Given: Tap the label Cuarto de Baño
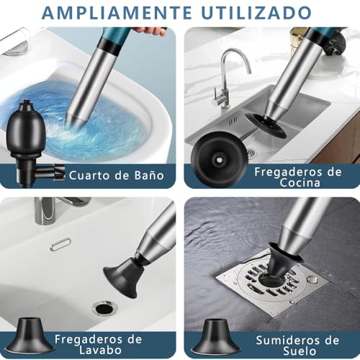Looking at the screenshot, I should (117, 175).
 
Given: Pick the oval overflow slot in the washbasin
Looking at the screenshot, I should (61, 244).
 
